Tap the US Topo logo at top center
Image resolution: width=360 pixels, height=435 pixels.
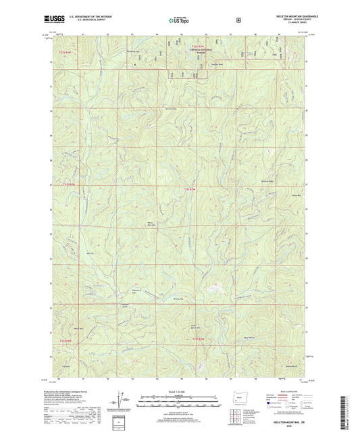(x=180, y=20)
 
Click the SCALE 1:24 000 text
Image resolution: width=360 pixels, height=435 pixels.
(x=180, y=390)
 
